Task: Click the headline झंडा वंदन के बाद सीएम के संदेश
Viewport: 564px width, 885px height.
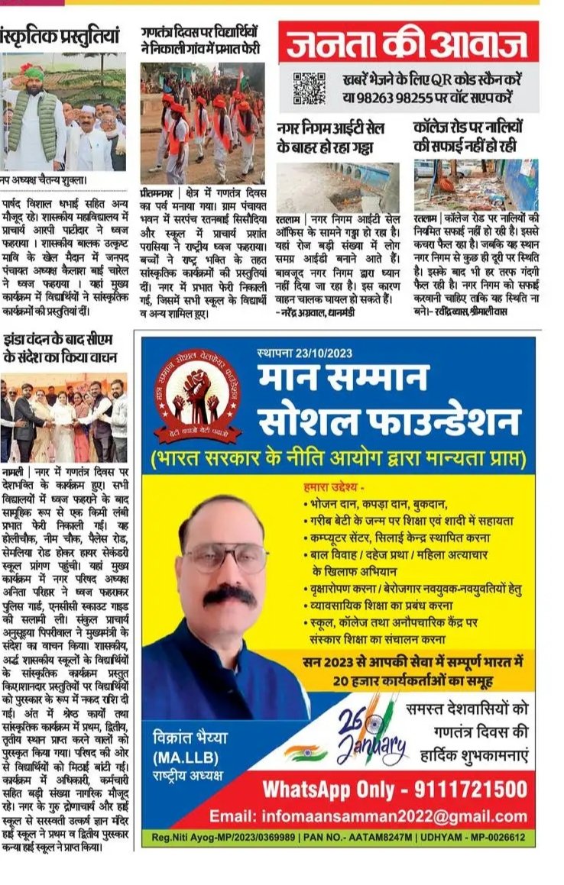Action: coord(59,347)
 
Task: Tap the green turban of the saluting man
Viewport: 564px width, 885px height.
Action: coord(33,74)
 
